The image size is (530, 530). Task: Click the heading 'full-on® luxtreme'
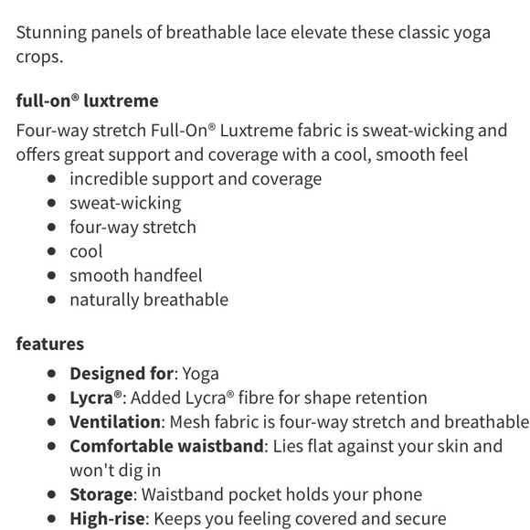[x=87, y=101]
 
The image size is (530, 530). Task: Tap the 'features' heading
[x=49, y=344]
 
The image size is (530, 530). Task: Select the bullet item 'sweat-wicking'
[x=125, y=203]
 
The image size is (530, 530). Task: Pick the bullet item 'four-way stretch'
[x=132, y=227]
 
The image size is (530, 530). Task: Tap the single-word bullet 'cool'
[x=86, y=251]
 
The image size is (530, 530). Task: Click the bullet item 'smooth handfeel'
[x=135, y=275]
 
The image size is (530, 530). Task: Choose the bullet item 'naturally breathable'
[x=149, y=300]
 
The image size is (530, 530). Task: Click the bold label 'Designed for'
[x=122, y=373]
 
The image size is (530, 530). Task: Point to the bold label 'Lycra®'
[x=96, y=397]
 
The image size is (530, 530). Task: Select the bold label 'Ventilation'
[x=115, y=422]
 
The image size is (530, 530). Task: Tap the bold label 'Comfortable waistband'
[x=167, y=446]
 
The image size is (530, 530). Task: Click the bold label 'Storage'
[x=101, y=494]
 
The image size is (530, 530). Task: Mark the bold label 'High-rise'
[x=107, y=519]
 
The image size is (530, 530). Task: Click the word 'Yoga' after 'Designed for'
[x=201, y=373]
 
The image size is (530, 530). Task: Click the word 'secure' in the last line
[x=417, y=519]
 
